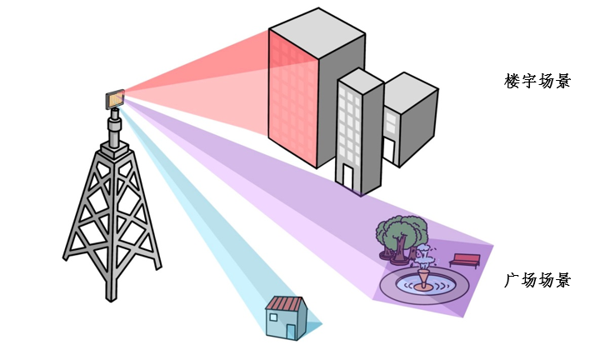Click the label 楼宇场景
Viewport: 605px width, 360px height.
click(x=537, y=81)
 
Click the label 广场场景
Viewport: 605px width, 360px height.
click(x=537, y=280)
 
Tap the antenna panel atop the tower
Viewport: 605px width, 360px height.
click(x=115, y=98)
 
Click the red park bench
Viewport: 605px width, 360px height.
click(x=465, y=261)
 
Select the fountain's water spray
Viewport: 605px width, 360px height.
click(x=424, y=257)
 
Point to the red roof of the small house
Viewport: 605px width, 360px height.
click(x=286, y=303)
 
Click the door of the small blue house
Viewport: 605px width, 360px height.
click(x=291, y=332)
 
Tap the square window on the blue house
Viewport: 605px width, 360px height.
click(x=273, y=317)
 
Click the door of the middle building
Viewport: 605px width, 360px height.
click(x=348, y=177)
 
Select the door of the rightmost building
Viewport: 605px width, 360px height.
click(x=389, y=151)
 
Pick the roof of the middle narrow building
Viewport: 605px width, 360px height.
click(x=360, y=81)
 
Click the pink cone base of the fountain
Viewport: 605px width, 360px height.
click(x=424, y=279)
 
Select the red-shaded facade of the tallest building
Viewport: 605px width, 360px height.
click(x=293, y=98)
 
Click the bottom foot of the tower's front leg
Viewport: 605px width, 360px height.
click(x=111, y=297)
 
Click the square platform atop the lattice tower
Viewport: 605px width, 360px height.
click(x=114, y=150)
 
